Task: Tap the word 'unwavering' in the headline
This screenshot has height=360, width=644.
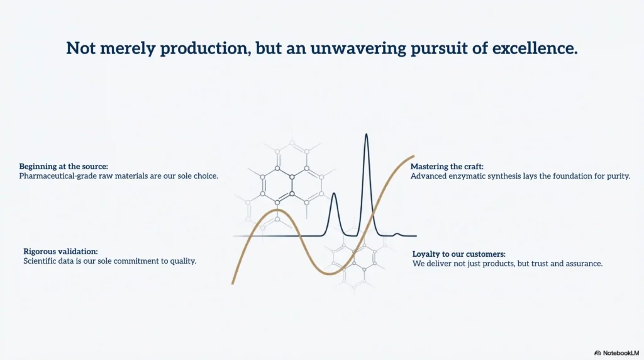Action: coord(358,48)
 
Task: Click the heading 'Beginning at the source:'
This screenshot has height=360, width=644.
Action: coord(64,166)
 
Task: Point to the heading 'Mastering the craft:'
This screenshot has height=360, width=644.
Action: coord(447,166)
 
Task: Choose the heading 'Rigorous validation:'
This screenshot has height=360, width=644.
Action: coord(60,252)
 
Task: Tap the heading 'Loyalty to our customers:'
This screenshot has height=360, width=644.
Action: coord(458,254)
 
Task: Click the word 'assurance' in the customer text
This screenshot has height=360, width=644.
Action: coord(585,264)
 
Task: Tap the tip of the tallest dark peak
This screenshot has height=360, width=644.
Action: coord(366,134)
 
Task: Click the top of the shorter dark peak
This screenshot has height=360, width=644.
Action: coord(334,193)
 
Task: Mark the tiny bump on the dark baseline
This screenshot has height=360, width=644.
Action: coord(397,234)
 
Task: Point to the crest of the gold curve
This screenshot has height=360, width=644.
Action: coord(278,210)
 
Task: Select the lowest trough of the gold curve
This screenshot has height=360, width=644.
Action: coord(331,274)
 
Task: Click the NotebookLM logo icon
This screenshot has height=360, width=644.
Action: coord(597,353)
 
